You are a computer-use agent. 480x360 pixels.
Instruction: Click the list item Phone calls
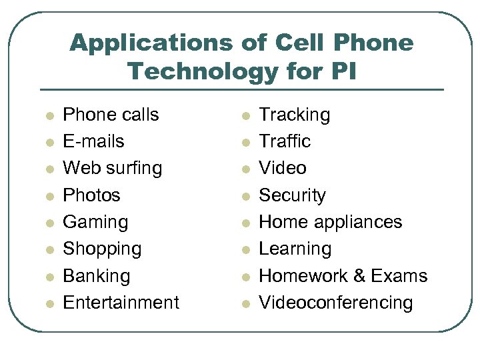[111, 115]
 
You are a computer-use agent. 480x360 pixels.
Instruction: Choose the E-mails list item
[93, 141]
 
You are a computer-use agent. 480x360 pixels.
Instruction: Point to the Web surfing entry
[112, 168]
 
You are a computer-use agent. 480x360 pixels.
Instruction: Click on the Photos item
[91, 195]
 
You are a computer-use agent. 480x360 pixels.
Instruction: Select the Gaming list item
[95, 222]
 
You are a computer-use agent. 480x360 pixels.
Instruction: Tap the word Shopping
[102, 249]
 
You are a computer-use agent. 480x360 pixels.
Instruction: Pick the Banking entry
[96, 275]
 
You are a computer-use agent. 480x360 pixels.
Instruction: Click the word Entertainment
[121, 302]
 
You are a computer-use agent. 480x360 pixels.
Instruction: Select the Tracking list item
[294, 115]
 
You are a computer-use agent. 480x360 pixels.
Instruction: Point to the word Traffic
[285, 141]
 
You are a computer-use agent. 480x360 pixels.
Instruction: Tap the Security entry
[292, 195]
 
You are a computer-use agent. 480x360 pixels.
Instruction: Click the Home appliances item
[330, 221]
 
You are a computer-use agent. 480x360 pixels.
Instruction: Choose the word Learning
[295, 249]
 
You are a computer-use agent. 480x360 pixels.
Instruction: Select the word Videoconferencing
[335, 302]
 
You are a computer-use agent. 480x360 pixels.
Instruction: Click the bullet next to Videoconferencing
[245, 303]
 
